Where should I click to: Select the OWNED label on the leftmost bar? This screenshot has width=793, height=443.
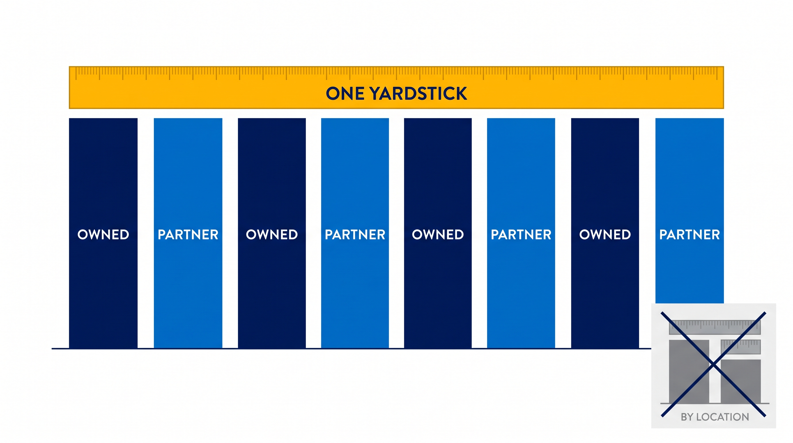click(x=103, y=235)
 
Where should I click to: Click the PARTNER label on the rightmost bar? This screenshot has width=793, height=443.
click(x=690, y=235)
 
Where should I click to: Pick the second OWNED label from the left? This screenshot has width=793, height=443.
click(x=272, y=235)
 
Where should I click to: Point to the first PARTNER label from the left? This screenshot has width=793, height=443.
click(x=188, y=235)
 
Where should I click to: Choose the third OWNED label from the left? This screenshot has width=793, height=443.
click(x=438, y=235)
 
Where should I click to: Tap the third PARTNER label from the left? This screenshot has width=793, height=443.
click(x=521, y=235)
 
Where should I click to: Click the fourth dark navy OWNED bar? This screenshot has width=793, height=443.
click(x=605, y=233)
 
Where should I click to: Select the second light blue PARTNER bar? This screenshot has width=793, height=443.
click(x=355, y=233)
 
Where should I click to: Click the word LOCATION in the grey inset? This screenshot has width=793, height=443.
click(x=722, y=417)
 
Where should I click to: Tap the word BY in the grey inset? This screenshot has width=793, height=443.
click(x=687, y=417)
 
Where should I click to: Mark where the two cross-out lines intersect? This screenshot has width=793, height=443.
click(x=713, y=365)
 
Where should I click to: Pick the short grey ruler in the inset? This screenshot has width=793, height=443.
click(x=741, y=347)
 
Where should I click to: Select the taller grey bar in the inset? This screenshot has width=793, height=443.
click(x=689, y=371)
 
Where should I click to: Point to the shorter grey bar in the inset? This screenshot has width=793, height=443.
click(x=741, y=381)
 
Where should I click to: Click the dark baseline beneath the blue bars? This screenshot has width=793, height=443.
click(x=351, y=348)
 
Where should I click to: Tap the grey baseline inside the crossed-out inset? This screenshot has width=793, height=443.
click(x=715, y=403)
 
